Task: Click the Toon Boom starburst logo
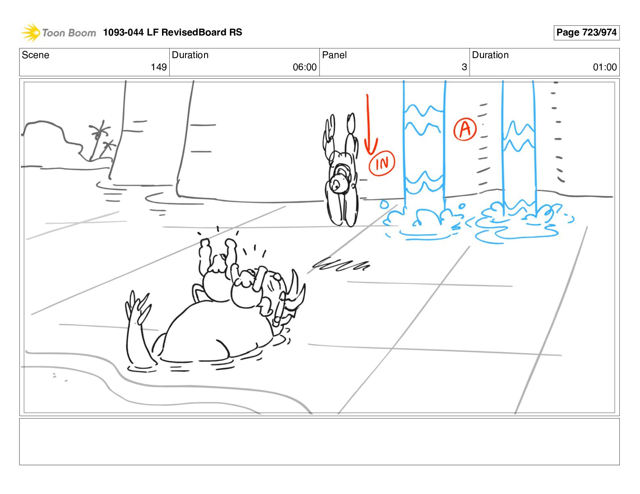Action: [x=30, y=32]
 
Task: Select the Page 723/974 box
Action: [x=586, y=33]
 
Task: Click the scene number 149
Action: [x=158, y=67]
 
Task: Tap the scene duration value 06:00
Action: [x=305, y=67]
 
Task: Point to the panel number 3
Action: [x=464, y=67]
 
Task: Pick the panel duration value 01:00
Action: [x=605, y=67]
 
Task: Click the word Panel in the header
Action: [x=334, y=55]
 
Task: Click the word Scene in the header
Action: [x=35, y=55]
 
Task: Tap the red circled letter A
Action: [x=465, y=129]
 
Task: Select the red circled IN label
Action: [x=382, y=163]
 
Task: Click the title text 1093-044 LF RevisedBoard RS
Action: [x=173, y=32]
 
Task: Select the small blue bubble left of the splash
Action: [x=384, y=205]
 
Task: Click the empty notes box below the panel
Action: [x=319, y=442]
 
